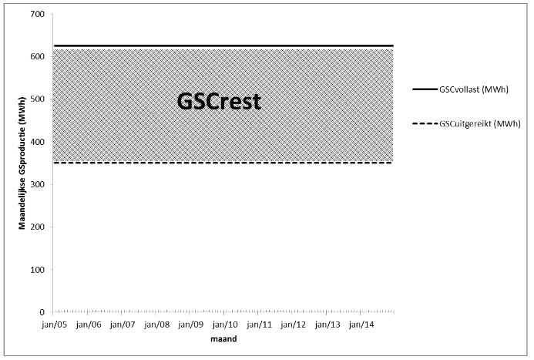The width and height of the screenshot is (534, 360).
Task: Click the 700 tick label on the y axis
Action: click(x=38, y=15)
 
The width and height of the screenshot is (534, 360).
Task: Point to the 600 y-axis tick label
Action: click(x=38, y=57)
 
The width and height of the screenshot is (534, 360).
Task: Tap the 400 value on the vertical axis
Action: click(x=38, y=142)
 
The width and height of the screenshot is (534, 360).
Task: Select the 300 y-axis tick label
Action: click(x=38, y=184)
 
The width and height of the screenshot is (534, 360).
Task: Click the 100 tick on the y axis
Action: click(x=38, y=270)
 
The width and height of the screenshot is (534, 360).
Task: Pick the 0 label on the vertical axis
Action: click(x=42, y=312)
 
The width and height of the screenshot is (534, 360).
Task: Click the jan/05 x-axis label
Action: click(x=55, y=325)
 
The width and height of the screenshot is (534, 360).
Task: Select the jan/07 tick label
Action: click(x=123, y=325)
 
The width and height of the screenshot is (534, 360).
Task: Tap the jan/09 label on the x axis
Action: click(x=191, y=325)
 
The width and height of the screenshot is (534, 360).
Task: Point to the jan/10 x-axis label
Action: click(x=225, y=325)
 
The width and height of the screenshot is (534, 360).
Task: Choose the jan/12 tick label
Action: click(x=294, y=325)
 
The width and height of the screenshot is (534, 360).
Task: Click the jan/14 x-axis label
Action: click(x=361, y=325)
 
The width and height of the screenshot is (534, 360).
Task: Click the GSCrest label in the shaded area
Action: click(x=219, y=102)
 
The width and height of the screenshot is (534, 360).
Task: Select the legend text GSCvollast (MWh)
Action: click(x=474, y=89)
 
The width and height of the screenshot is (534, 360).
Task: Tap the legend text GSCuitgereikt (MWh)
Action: click(x=480, y=123)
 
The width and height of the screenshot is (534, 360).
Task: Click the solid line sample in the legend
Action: click(x=425, y=89)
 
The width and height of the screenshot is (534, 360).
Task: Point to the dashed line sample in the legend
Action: click(x=425, y=123)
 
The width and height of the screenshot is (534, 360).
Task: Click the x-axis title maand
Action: click(x=223, y=339)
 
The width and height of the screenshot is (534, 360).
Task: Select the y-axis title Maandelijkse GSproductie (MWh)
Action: click(x=22, y=163)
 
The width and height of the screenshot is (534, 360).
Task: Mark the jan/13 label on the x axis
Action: click(x=327, y=325)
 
